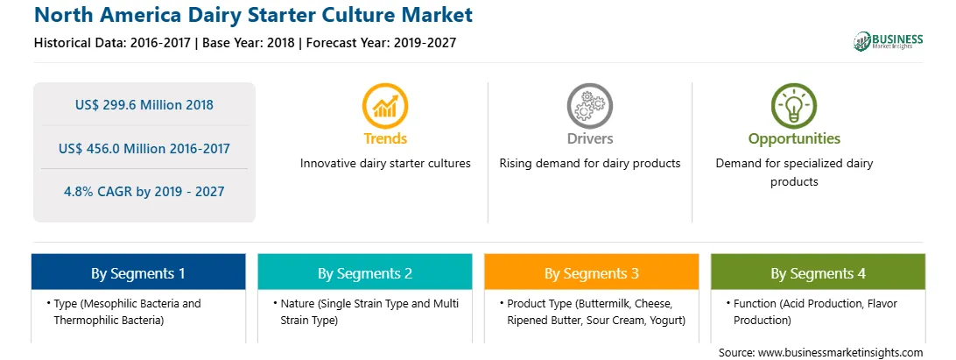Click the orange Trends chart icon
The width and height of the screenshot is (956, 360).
384,106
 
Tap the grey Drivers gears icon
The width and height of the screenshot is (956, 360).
589,106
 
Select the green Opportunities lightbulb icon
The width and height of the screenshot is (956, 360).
794,106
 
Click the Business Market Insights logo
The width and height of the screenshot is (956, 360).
889,41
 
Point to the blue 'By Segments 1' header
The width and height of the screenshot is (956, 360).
138,272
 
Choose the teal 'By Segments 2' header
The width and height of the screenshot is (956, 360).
364,272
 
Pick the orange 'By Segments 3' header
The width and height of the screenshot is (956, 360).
592,272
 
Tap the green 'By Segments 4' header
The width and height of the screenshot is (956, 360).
819,272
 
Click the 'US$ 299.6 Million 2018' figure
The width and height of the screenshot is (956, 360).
144,105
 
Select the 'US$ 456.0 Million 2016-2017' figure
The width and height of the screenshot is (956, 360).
144,148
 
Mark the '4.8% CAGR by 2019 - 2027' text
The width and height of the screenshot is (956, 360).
144,192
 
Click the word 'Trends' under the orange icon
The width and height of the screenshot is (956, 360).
385,138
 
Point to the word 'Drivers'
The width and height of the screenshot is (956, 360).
589,138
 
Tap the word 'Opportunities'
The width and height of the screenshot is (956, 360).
794,139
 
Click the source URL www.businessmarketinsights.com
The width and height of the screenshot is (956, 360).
840,353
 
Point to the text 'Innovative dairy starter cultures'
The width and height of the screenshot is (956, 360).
385,164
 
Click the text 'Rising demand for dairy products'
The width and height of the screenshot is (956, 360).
589,164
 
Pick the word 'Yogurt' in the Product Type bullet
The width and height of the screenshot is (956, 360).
667,321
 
